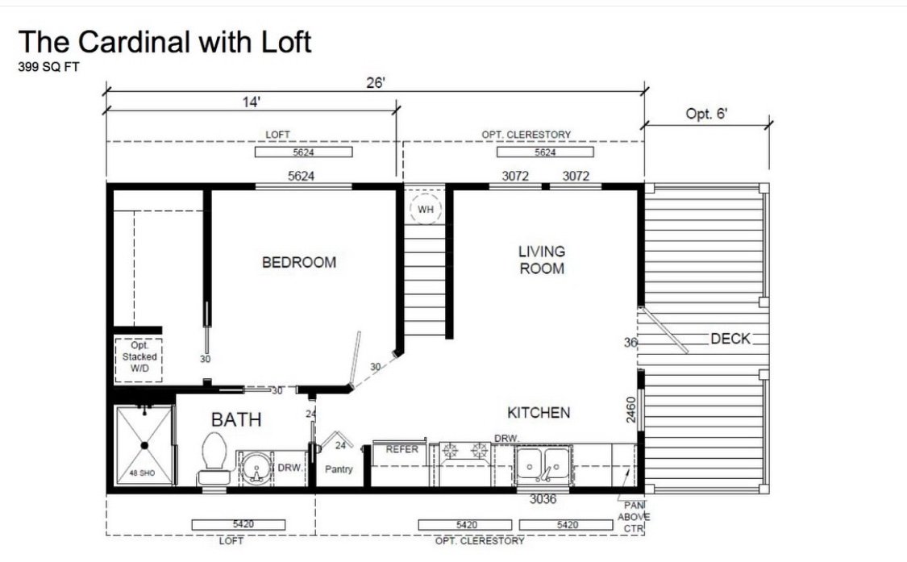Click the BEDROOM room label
tap(299, 262)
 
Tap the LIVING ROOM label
tap(542, 260)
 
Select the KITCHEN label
tap(539, 413)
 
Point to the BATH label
tap(236, 419)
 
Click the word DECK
tap(730, 339)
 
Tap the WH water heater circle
tap(425, 210)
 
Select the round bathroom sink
tap(256, 468)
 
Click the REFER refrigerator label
tap(402, 449)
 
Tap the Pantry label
tap(339, 468)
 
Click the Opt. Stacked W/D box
tap(139, 360)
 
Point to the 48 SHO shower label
tap(142, 472)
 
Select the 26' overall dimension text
tap(376, 83)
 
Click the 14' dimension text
tap(251, 102)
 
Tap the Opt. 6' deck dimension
tap(705, 114)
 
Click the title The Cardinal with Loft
tap(164, 42)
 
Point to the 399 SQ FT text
tap(48, 67)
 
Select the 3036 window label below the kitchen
tap(543, 499)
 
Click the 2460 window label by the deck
tap(631, 410)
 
